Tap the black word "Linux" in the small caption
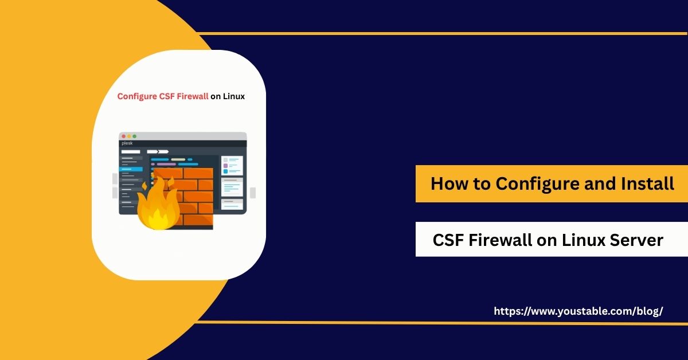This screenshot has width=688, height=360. coord(234,96)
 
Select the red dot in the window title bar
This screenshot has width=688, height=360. coord(123,136)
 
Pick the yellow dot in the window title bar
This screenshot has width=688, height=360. coord(128,136)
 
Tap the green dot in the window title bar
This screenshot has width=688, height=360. coord(134,136)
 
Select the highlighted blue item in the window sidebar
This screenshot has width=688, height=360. coord(131,169)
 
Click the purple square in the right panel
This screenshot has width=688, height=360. coord(225,165)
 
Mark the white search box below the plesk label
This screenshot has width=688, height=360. coord(130,151)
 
